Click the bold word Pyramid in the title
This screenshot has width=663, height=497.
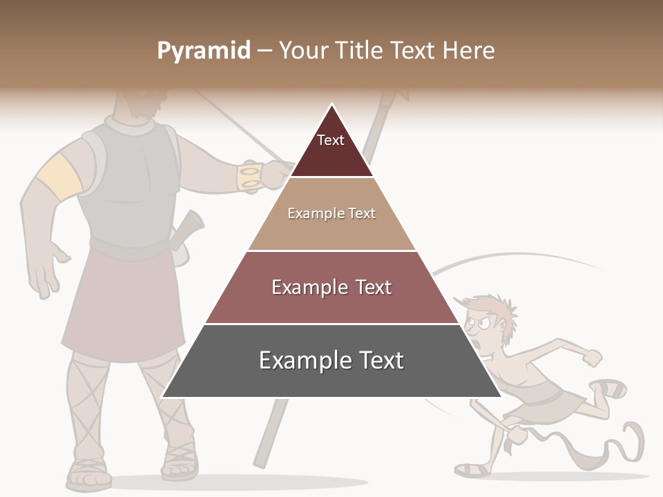(204, 51)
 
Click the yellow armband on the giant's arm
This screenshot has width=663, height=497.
(59, 176)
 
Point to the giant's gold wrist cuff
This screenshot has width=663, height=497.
(249, 177)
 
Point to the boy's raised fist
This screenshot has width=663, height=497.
(592, 357)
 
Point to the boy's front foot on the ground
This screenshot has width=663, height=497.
(472, 469)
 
